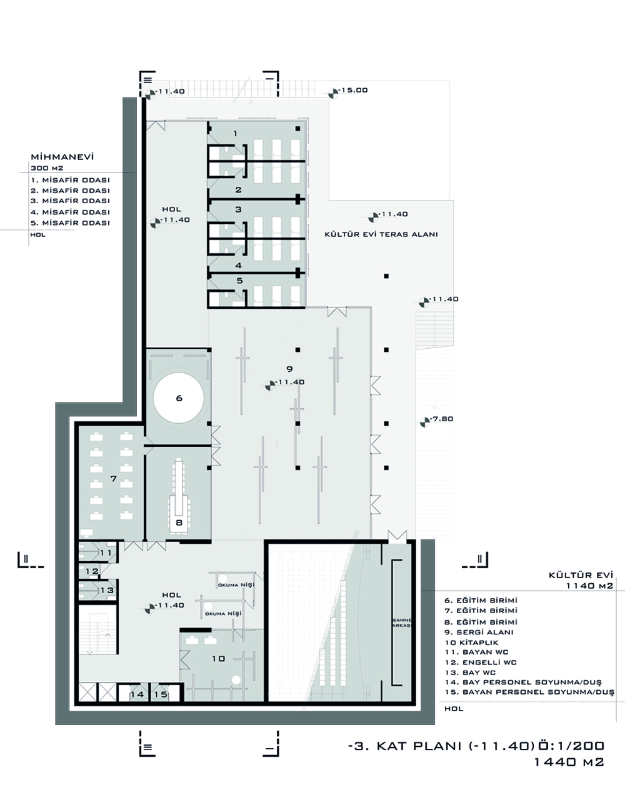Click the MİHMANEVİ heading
pyautogui.click(x=62, y=157)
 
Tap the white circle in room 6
pyautogui.click(x=179, y=398)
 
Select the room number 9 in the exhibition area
pyautogui.click(x=289, y=369)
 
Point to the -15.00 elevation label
pyautogui.click(x=353, y=90)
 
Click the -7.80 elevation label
pyautogui.click(x=441, y=419)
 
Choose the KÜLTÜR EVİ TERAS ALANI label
pyautogui.click(x=381, y=234)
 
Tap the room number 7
pyautogui.click(x=113, y=478)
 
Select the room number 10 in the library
pyautogui.click(x=219, y=658)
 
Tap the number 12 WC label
pyautogui.click(x=92, y=571)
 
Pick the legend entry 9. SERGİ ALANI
pyautogui.click(x=479, y=632)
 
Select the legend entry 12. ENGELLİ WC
pyautogui.click(x=481, y=663)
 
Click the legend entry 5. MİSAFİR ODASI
pyautogui.click(x=70, y=223)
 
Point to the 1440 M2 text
pyautogui.click(x=569, y=761)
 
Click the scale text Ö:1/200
pyautogui.click(x=571, y=746)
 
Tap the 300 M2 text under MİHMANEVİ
pyautogui.click(x=47, y=168)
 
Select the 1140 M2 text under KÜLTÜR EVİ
pyautogui.click(x=589, y=586)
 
